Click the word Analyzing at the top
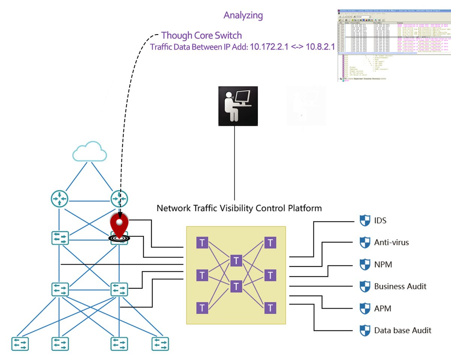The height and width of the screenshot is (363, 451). pyautogui.click(x=243, y=15)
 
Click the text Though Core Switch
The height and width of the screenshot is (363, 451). pyautogui.click(x=201, y=35)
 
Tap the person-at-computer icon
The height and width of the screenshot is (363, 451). pyautogui.click(x=238, y=106)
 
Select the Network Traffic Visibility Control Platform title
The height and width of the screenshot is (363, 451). pyautogui.click(x=239, y=208)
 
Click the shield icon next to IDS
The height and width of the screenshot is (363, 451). pyautogui.click(x=365, y=220)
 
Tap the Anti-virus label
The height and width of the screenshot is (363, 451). pyautogui.click(x=391, y=243)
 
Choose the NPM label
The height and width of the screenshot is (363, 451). pyautogui.click(x=383, y=265)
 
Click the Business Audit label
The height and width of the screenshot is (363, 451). pyautogui.click(x=400, y=286)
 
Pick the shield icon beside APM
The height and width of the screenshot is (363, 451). pyautogui.click(x=365, y=309)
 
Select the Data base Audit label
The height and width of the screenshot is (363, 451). pyautogui.click(x=403, y=330)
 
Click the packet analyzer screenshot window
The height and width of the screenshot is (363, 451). pyautogui.click(x=393, y=45)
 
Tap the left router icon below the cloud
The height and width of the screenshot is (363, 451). pyautogui.click(x=60, y=199)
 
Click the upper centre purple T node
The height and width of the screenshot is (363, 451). pyautogui.click(x=236, y=260)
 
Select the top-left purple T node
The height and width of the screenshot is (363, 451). pyautogui.click(x=203, y=243)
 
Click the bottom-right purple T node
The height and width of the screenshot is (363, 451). pyautogui.click(x=270, y=308)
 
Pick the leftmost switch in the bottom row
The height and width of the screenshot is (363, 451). pyautogui.click(x=20, y=343)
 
